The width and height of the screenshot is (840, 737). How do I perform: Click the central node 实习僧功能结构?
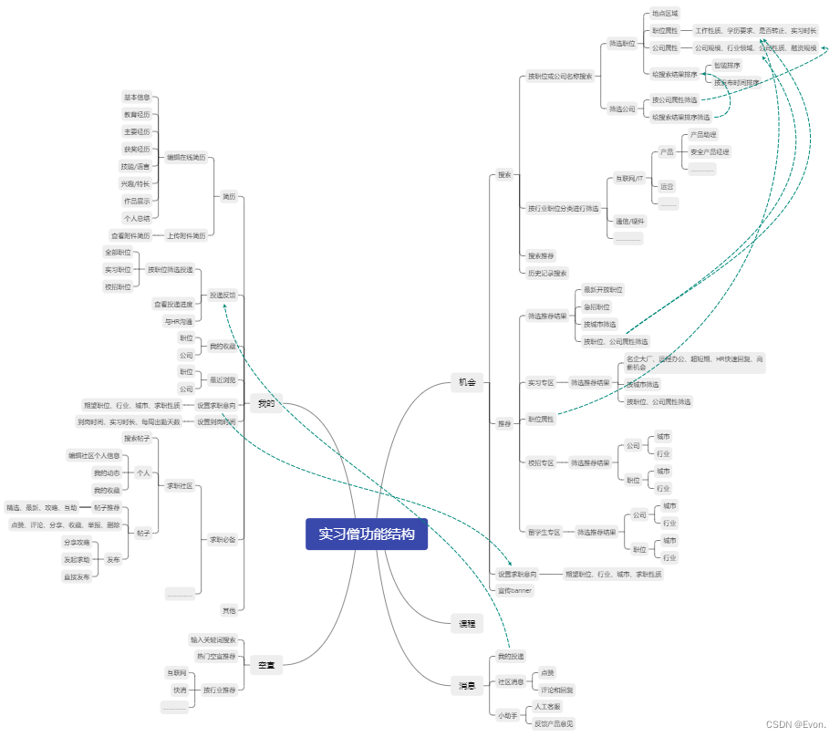point(366,535)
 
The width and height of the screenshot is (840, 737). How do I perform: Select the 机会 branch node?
point(467,383)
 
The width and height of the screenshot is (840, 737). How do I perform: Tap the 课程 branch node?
point(466,624)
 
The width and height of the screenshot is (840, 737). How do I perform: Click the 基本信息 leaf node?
point(137,97)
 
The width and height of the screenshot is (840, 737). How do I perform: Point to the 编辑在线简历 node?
point(186,158)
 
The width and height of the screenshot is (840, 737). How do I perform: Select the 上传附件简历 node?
point(186,235)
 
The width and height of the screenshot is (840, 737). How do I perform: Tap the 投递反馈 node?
point(223,296)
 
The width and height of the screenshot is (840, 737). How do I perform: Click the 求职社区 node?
point(180,485)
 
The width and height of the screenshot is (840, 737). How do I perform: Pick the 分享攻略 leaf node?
point(77,542)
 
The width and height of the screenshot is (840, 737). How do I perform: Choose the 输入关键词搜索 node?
point(213,639)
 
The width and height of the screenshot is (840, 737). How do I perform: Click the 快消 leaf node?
point(179,690)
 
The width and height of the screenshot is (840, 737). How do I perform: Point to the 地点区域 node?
point(665,14)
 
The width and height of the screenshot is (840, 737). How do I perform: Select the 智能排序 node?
point(727,66)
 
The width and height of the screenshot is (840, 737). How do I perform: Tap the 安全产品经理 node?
point(710,151)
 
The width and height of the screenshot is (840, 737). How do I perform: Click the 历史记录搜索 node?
point(547,273)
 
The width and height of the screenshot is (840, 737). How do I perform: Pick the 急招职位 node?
point(596,306)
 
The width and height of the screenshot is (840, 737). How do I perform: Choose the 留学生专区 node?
point(544,531)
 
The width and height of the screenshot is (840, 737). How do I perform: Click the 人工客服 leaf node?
point(547,706)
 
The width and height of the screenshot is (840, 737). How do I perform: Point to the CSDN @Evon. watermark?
point(796,724)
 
